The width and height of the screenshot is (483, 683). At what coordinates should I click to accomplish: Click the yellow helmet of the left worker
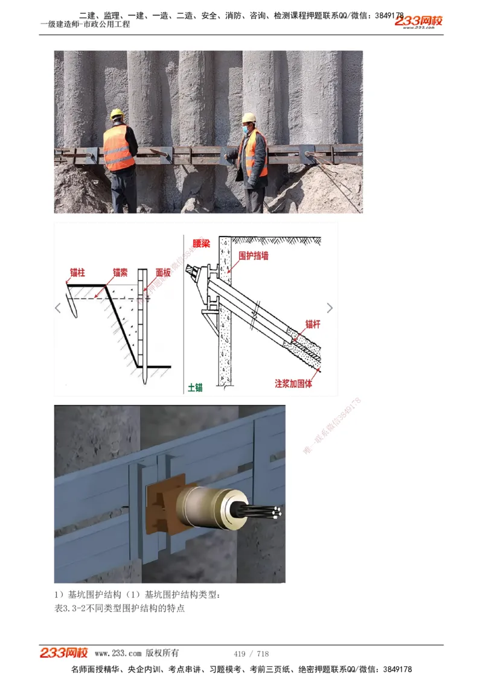pos(117,113)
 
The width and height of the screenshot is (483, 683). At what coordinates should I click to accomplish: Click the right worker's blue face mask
pos(247,128)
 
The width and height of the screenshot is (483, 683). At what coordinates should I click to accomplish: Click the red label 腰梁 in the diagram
pos(203,243)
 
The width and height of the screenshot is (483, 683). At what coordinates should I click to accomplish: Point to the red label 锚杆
pos(313,324)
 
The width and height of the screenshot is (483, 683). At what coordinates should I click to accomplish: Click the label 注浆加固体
pos(294,383)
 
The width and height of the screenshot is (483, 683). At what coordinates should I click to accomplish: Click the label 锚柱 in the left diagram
pos(77,273)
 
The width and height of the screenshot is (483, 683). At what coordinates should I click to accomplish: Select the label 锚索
pos(120,273)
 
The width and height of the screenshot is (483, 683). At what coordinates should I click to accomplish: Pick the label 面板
pos(163,273)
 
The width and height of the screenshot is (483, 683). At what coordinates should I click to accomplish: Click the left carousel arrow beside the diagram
pos(59,308)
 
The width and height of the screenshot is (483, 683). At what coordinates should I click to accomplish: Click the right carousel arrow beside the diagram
pos(330,308)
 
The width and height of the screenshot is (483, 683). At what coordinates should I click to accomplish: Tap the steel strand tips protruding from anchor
pos(275,512)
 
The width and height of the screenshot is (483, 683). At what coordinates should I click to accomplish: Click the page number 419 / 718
pos(251,653)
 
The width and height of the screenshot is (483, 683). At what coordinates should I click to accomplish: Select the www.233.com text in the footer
pos(118,653)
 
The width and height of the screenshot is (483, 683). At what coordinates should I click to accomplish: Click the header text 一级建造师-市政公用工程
pos(85,24)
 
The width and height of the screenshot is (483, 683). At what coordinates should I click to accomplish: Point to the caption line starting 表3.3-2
pos(120,608)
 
